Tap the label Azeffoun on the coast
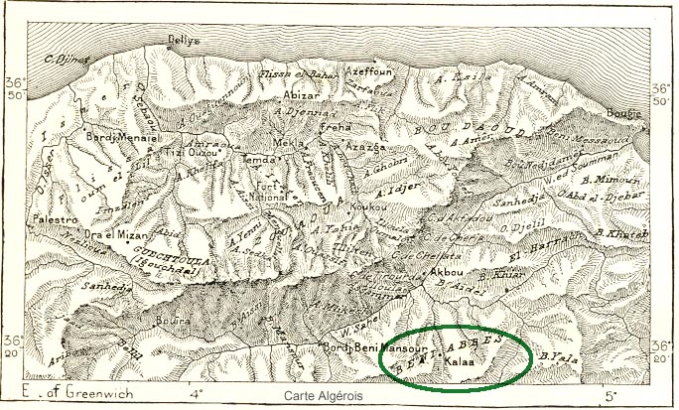click(369, 72)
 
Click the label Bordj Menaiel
click(117, 136)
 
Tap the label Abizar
click(299, 95)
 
